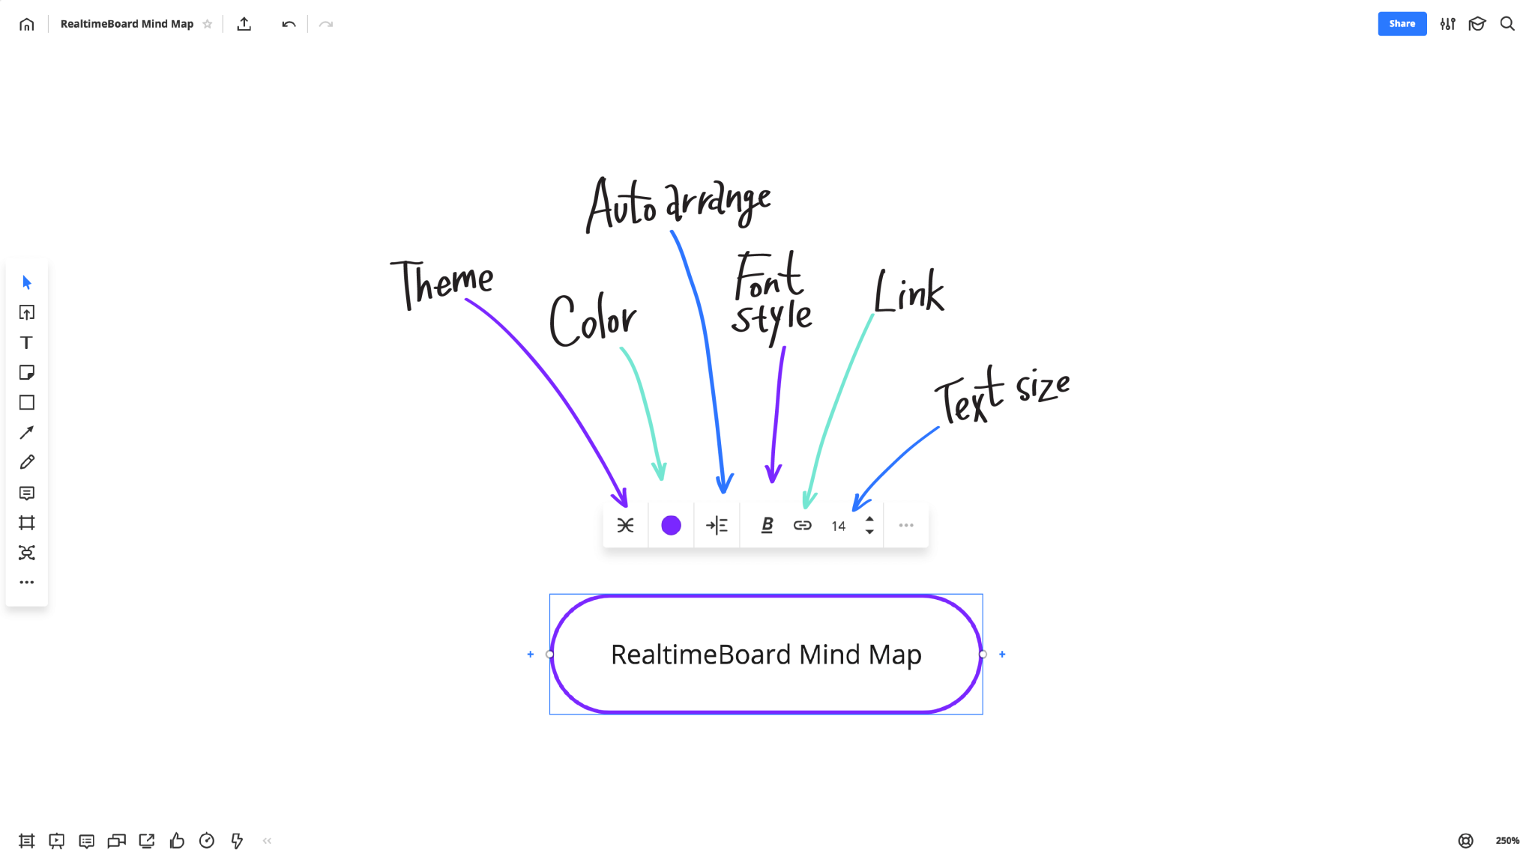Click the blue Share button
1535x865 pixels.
(1402, 24)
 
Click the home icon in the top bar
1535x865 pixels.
(27, 25)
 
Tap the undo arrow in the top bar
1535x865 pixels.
(289, 25)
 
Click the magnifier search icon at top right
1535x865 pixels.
(1507, 24)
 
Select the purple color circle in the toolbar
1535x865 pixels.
(671, 526)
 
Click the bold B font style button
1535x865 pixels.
(767, 526)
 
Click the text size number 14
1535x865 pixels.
(838, 526)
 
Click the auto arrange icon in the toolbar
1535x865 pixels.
(717, 526)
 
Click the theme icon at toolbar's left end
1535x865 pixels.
(625, 526)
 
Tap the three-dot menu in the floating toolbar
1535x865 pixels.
(906, 526)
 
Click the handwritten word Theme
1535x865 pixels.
(442, 283)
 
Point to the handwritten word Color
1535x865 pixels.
(592, 321)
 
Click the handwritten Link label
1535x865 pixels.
(909, 292)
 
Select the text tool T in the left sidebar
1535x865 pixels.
(27, 343)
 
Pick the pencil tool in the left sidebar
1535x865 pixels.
(27, 463)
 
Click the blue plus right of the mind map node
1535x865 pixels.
(1002, 655)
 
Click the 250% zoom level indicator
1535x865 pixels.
(1507, 841)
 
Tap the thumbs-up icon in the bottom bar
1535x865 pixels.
(177, 841)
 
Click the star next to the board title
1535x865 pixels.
(208, 25)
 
